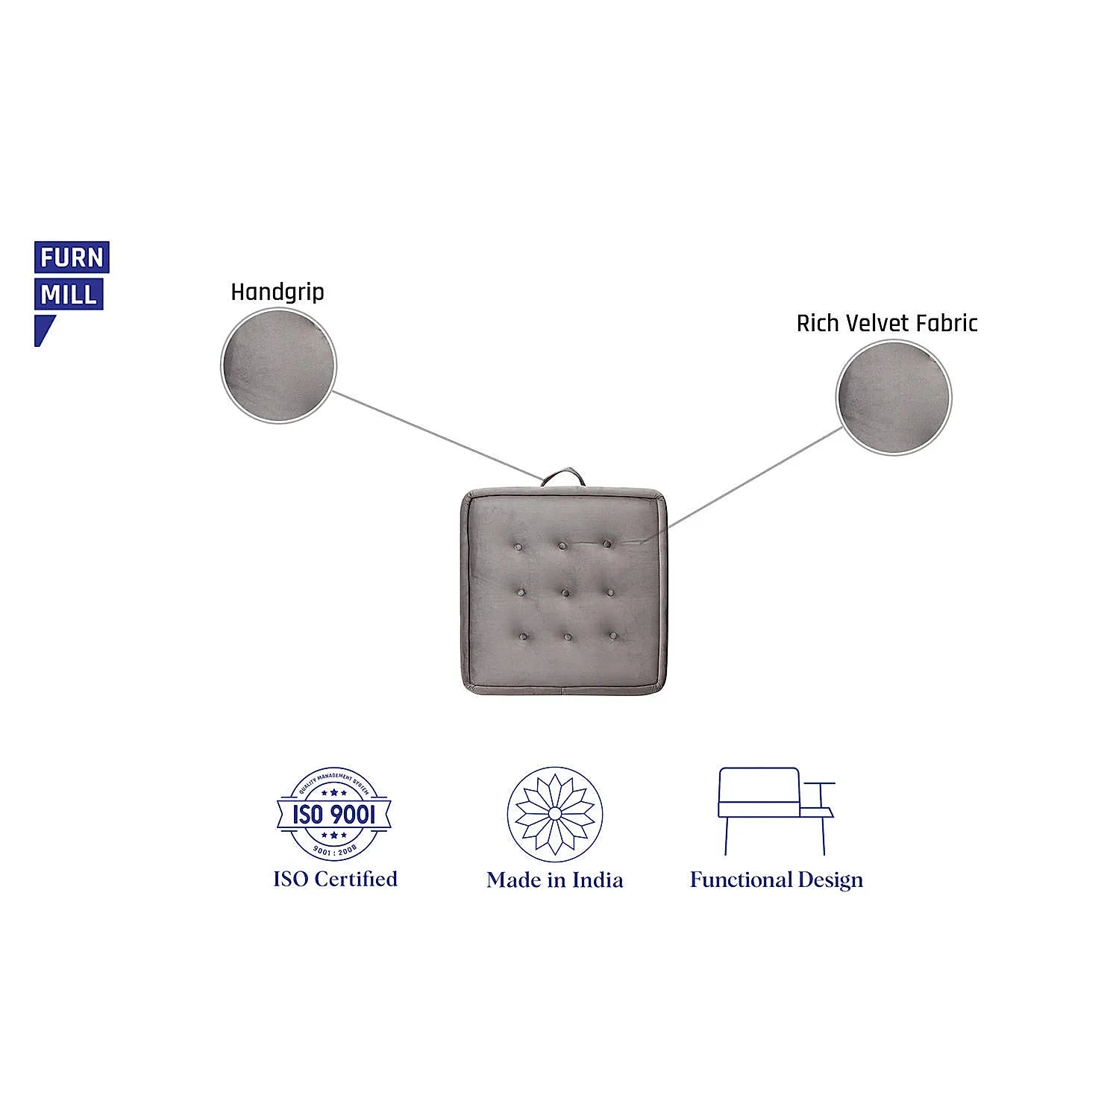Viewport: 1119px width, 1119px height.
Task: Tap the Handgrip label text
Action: (x=277, y=292)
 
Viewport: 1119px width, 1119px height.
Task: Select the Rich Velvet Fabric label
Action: (x=886, y=323)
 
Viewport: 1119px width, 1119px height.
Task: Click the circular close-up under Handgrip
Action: (x=279, y=366)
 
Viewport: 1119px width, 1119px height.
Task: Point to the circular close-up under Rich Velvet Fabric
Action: (x=893, y=397)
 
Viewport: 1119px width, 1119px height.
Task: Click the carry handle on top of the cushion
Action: (x=562, y=476)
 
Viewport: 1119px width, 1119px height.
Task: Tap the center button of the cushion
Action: (x=565, y=593)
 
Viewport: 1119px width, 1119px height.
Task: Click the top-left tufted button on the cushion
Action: (x=518, y=548)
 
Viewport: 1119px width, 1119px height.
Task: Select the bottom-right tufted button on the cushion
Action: (x=612, y=636)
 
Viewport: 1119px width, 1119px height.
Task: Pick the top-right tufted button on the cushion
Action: (x=607, y=544)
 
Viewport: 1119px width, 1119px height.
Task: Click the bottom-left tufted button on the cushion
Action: (x=523, y=637)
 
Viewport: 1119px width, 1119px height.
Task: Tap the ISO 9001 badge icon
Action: (x=333, y=813)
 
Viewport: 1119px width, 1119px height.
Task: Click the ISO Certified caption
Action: (x=335, y=879)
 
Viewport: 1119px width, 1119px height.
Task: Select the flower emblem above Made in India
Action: (x=554, y=814)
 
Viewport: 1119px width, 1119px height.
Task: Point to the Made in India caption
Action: (x=554, y=880)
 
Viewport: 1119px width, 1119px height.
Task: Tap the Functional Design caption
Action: (x=776, y=880)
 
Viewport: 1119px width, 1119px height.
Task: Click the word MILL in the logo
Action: (x=69, y=295)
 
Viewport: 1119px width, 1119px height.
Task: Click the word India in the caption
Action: (x=598, y=880)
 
